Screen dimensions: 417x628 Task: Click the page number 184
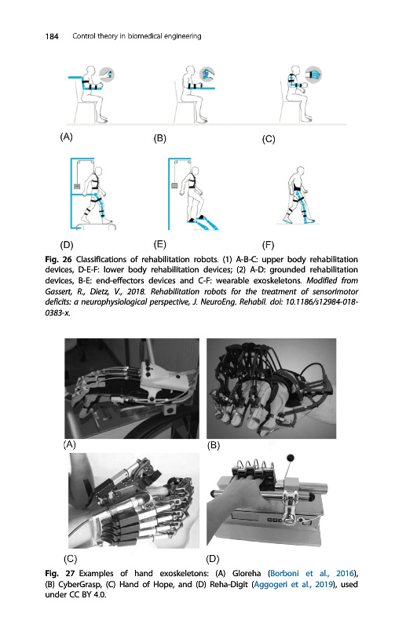(x=52, y=36)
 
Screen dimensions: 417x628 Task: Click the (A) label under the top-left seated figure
(x=67, y=137)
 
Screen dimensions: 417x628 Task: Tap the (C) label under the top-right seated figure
(x=269, y=139)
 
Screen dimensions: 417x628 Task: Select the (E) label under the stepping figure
(x=160, y=244)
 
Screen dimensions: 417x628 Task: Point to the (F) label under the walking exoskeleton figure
(x=268, y=245)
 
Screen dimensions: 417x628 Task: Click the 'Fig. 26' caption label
(x=58, y=259)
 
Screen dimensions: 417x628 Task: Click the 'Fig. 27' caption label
(x=58, y=573)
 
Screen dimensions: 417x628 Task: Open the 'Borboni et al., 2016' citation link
(x=313, y=573)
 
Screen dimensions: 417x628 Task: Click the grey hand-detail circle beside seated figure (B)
(x=207, y=75)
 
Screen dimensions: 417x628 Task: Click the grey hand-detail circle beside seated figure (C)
(x=314, y=75)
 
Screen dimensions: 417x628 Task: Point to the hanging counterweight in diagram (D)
(x=78, y=186)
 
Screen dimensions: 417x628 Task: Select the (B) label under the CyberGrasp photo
(x=214, y=445)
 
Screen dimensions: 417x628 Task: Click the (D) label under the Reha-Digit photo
(x=212, y=558)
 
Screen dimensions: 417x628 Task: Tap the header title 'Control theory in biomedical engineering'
(x=137, y=36)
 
